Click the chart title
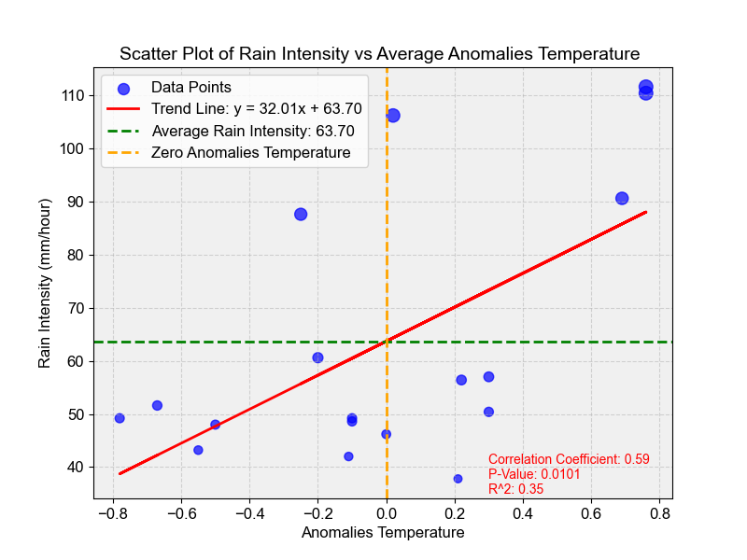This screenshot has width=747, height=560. pos(379,53)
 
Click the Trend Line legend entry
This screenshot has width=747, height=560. pos(257,109)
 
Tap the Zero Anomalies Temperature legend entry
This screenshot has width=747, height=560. pos(250,152)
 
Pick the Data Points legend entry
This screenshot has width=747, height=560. pos(190,88)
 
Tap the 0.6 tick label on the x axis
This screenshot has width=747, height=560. pos(591,512)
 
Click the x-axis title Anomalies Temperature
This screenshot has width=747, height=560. pos(383,533)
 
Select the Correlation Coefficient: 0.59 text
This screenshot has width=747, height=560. pos(569,459)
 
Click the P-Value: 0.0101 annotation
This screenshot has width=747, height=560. pos(534,474)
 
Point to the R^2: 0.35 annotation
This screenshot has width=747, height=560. pos(515,488)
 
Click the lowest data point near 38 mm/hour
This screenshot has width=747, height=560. pos(458,479)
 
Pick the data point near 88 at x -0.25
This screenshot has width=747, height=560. pos(301,214)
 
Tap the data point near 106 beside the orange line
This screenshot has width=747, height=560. pos(393,116)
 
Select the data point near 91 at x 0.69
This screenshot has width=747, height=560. pos(622,198)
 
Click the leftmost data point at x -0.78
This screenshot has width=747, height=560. pos(120,418)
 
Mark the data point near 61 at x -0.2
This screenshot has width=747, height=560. pos(317,357)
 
